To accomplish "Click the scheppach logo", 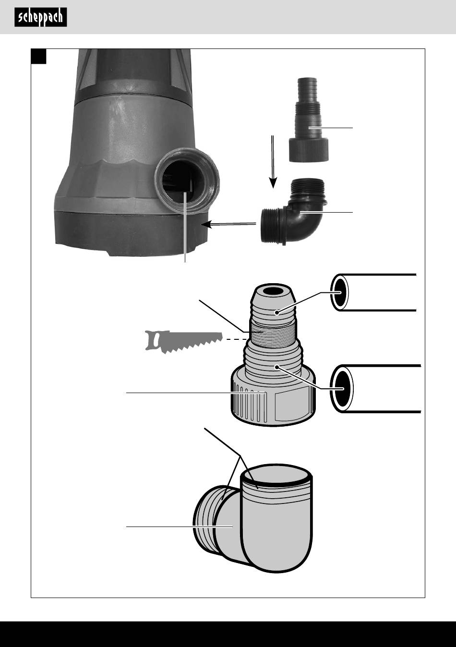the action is click(41, 17).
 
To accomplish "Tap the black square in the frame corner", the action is click(39, 56).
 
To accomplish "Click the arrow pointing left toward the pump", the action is click(229, 224).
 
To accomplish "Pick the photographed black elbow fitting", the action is click(294, 212).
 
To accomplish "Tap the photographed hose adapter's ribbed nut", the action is click(309, 149).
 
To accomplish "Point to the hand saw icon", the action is click(184, 342).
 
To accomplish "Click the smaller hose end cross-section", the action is click(339, 293).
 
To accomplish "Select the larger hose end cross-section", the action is click(342, 388).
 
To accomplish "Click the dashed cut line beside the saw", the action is click(236, 339).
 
